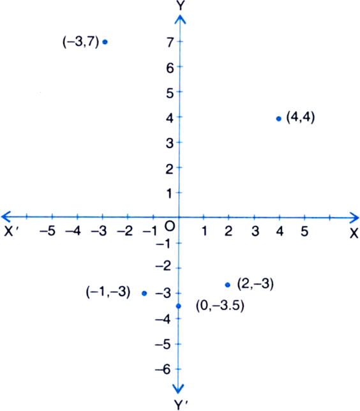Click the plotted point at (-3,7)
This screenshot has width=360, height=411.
pyautogui.click(x=105, y=41)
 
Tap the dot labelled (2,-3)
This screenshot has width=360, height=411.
pyautogui.click(x=228, y=285)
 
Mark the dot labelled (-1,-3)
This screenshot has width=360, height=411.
pyautogui.click(x=144, y=294)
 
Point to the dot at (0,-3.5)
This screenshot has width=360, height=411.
pyautogui.click(x=179, y=306)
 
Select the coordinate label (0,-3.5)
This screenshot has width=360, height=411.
pyautogui.click(x=220, y=305)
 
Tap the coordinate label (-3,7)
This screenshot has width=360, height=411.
pyautogui.click(x=81, y=41)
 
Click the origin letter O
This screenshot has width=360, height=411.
pyautogui.click(x=170, y=226)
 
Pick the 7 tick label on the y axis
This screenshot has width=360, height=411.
pyautogui.click(x=170, y=43)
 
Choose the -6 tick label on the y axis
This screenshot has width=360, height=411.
pyautogui.click(x=163, y=370)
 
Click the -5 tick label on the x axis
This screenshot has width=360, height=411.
pyautogui.click(x=47, y=231)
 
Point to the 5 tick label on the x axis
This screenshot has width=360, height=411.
pyautogui.click(x=304, y=231)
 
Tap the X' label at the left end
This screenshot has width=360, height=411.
pyautogui.click(x=11, y=231)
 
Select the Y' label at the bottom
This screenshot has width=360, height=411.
pyautogui.click(x=181, y=405)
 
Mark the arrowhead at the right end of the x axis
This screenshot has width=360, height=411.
pyautogui.click(x=354, y=217)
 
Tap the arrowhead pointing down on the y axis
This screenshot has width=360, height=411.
pyautogui.click(x=178, y=389)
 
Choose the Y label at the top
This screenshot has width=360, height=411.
pyautogui.click(x=181, y=5)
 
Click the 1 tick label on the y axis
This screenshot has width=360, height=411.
pyautogui.click(x=169, y=193)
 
